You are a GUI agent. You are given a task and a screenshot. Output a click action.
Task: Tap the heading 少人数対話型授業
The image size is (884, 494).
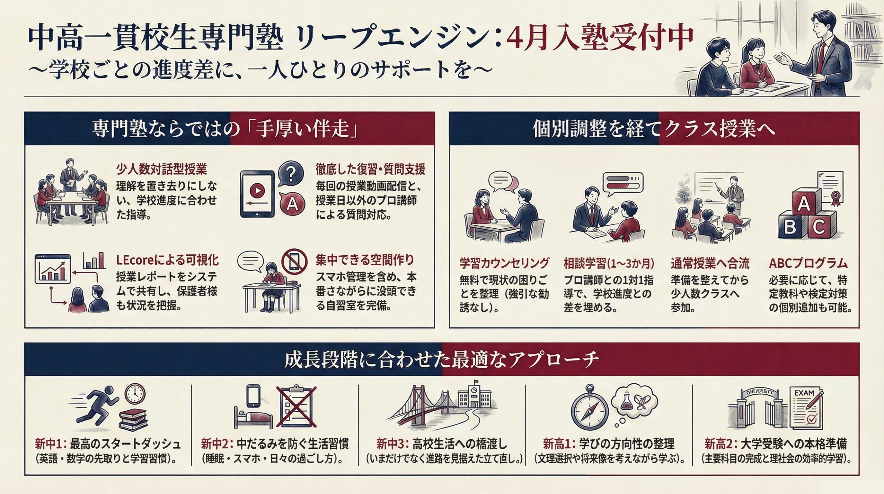(x=162, y=170)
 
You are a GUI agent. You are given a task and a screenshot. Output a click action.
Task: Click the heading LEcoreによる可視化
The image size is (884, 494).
(x=167, y=260)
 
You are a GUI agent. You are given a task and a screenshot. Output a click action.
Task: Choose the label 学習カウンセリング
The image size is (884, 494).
(x=504, y=263)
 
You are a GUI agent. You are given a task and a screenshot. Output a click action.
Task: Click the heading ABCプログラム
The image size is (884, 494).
(x=808, y=263)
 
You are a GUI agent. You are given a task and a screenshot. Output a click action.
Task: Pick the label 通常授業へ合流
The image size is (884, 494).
(x=710, y=263)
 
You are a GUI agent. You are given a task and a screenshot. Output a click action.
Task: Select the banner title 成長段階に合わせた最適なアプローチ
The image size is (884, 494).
(x=442, y=360)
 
